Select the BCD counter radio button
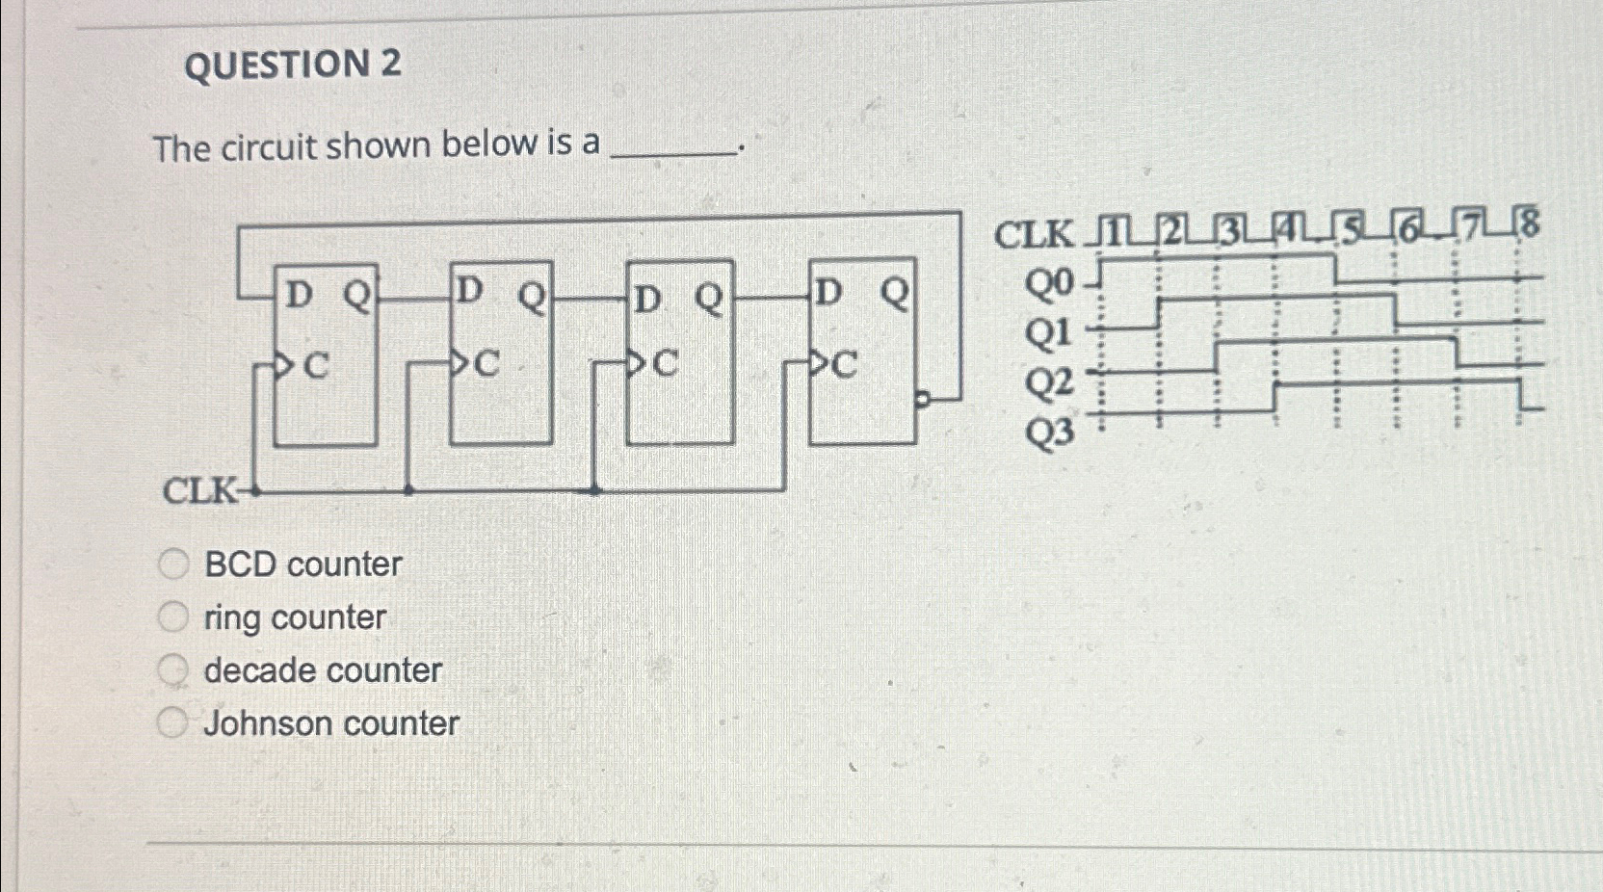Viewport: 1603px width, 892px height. (173, 564)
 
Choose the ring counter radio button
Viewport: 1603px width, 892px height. (172, 617)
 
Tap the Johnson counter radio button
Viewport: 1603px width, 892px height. (172, 722)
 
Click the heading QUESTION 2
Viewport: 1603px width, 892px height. (292, 66)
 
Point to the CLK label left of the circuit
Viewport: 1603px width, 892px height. (198, 490)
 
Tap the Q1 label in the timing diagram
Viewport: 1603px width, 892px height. (1048, 333)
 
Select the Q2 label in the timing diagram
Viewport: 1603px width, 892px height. (1048, 383)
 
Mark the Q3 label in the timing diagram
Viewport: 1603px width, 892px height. (1048, 433)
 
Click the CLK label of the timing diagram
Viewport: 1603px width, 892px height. (1033, 234)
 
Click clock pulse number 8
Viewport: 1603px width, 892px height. (1529, 224)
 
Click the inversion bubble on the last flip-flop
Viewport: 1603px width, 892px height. (922, 398)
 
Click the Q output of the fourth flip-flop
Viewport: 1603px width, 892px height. (895, 293)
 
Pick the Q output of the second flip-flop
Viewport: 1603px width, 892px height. (532, 296)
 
